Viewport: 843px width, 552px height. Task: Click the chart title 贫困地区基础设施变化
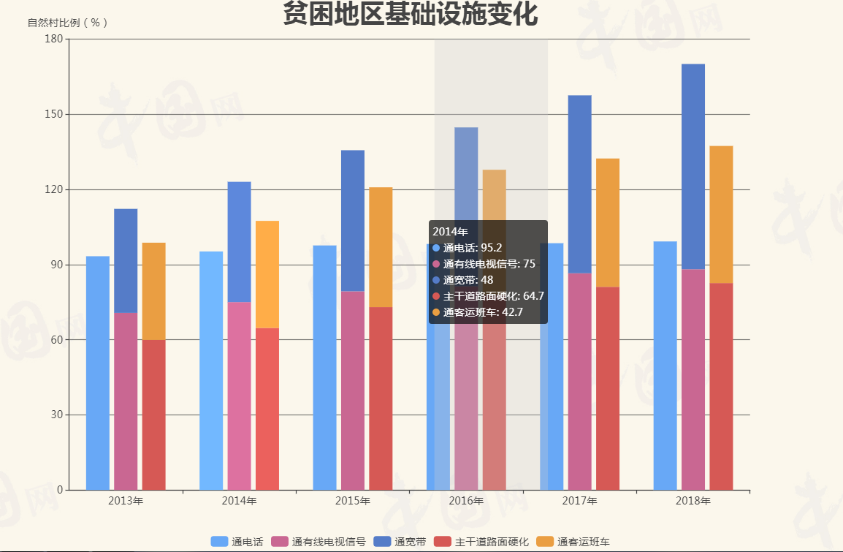coord(410,15)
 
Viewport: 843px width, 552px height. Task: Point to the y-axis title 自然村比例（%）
coord(68,23)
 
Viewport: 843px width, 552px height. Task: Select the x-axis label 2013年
coord(126,501)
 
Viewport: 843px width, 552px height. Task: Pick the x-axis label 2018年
coord(693,501)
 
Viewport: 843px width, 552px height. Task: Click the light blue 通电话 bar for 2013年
coord(98,373)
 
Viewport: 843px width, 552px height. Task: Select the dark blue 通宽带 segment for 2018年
coord(693,167)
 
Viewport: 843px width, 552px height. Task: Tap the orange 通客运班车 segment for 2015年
coord(381,247)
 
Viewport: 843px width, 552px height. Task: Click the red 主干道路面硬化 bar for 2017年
coord(608,388)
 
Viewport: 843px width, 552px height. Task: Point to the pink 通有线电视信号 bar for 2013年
coord(126,401)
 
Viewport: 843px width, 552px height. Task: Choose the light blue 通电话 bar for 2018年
coord(665,366)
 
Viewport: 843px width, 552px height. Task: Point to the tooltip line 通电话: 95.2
coord(473,248)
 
